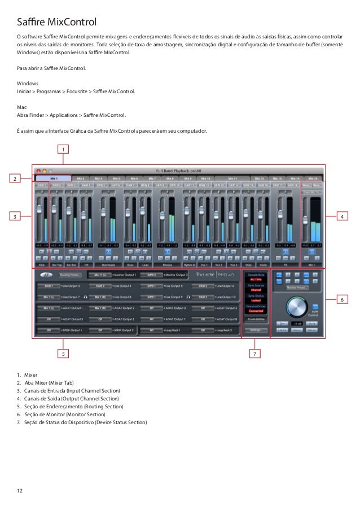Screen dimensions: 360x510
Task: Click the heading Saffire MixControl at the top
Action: click(x=58, y=22)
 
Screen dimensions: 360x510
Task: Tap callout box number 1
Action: click(x=64, y=149)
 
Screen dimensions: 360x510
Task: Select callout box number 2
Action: click(x=17, y=179)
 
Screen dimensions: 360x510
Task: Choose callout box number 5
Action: click(x=64, y=354)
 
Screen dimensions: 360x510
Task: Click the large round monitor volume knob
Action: click(x=297, y=306)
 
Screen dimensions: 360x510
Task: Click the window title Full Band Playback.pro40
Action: click(x=181, y=171)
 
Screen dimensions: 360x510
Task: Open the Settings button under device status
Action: click(x=256, y=329)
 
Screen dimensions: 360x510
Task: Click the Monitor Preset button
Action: click(x=297, y=287)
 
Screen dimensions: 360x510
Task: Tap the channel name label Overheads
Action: click(x=109, y=263)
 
